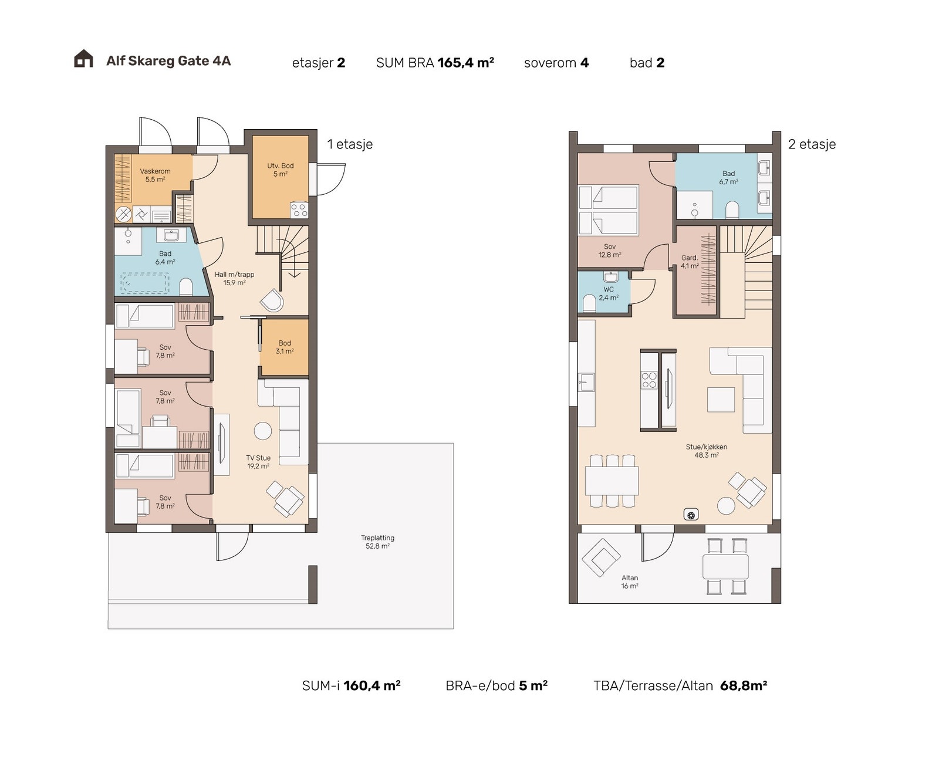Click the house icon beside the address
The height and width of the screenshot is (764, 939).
(83, 59)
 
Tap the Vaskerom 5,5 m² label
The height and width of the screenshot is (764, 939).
(155, 175)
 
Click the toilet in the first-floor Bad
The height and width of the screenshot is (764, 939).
(186, 286)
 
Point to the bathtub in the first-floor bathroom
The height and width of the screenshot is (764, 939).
(145, 283)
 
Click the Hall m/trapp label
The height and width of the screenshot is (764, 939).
(235, 274)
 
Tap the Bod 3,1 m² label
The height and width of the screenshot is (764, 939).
(285, 347)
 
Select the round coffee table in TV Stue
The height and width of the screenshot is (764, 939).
(263, 431)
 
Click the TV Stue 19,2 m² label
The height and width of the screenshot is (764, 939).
(258, 462)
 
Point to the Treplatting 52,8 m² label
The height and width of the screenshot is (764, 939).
(378, 542)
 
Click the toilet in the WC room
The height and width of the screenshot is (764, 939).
(589, 303)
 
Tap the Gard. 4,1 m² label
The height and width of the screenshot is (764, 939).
(690, 262)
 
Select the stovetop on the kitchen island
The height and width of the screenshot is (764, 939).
(649, 380)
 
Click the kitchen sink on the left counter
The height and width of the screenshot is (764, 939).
(586, 382)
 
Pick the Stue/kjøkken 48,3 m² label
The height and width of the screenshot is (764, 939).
(707, 451)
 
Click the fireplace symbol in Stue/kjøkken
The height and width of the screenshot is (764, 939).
(691, 514)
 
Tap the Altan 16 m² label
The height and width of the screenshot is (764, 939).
(630, 582)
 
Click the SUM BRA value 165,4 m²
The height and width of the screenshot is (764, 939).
(466, 63)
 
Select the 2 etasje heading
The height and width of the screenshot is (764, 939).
(812, 144)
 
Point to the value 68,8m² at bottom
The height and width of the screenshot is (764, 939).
(744, 685)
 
